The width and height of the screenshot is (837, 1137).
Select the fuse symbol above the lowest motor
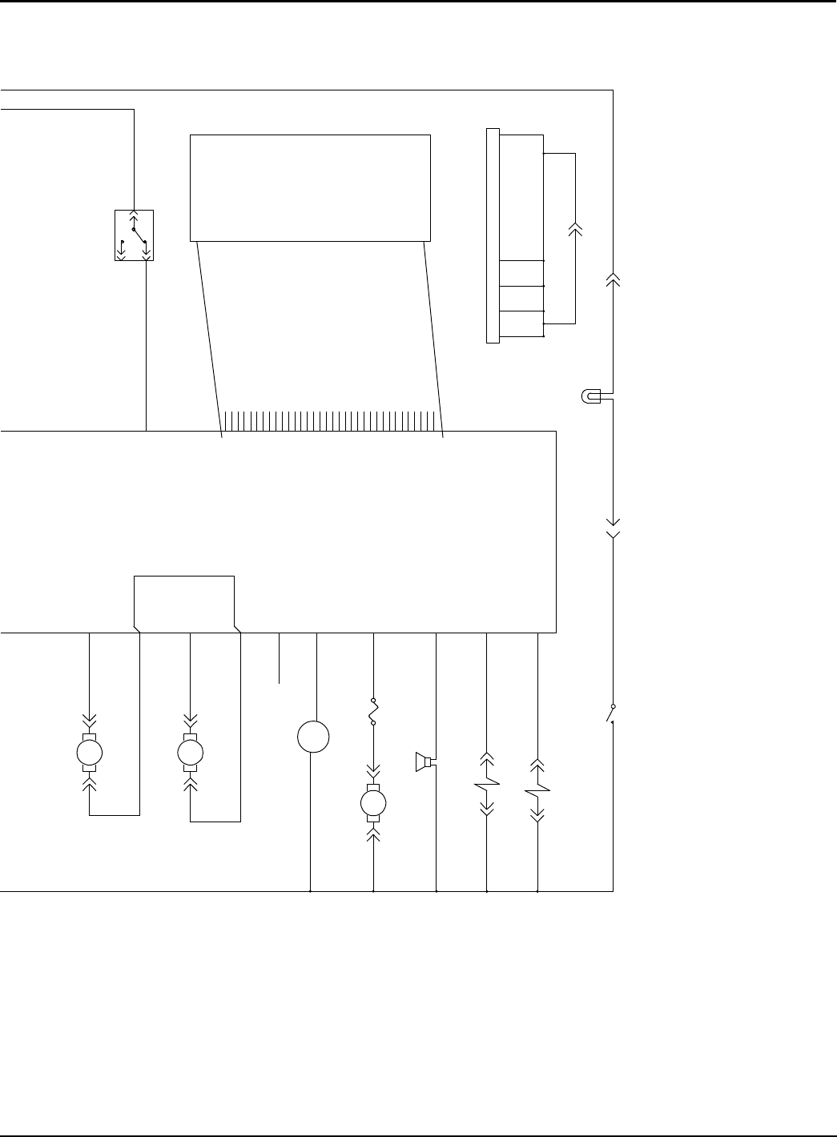pyautogui.click(x=373, y=712)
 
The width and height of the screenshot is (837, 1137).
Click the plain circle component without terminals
pyautogui.click(x=313, y=737)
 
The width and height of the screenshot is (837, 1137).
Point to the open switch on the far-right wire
pyautogui.click(x=611, y=714)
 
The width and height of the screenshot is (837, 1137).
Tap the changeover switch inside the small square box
pyautogui.click(x=134, y=235)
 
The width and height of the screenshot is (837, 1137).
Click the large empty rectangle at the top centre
pyautogui.click(x=310, y=187)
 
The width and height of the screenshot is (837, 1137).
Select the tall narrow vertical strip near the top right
pyautogui.click(x=493, y=235)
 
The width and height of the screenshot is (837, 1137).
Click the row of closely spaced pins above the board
pyautogui.click(x=331, y=420)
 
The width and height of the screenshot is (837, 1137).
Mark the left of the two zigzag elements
pyautogui.click(x=487, y=784)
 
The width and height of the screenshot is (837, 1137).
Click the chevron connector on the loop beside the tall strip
pyautogui.click(x=575, y=229)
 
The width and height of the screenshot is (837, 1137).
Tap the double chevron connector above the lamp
pyautogui.click(x=613, y=279)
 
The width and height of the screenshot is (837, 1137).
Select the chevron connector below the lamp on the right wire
pyautogui.click(x=613, y=528)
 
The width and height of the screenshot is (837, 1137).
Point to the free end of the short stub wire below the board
pyautogui.click(x=279, y=683)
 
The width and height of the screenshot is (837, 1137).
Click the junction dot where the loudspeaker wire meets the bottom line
pyautogui.click(x=436, y=890)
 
